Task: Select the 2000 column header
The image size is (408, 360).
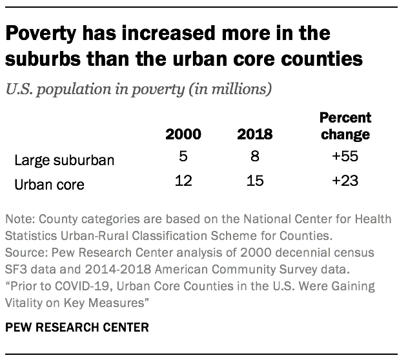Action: pyautogui.click(x=183, y=135)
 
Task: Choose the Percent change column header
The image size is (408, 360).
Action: pyautogui.click(x=345, y=126)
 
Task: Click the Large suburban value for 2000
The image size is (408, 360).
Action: pyautogui.click(x=183, y=156)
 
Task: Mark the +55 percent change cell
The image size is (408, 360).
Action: pyautogui.click(x=345, y=156)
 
